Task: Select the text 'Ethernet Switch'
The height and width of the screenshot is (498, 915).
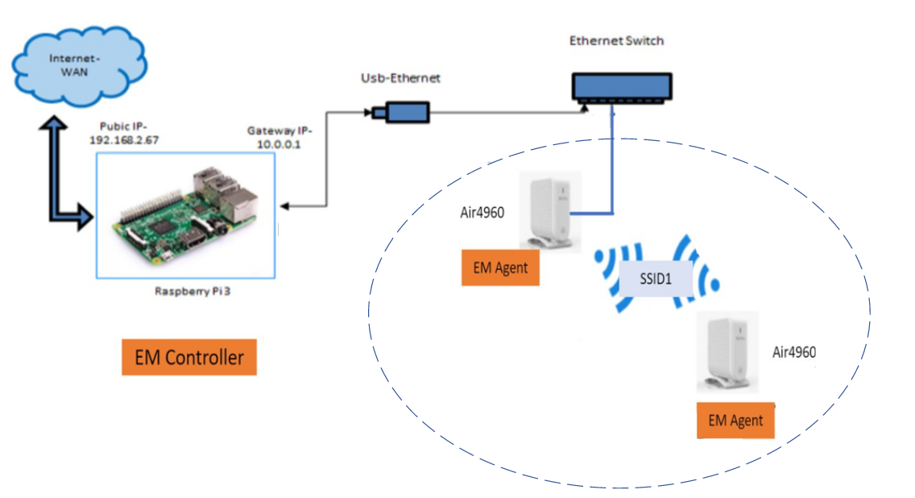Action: click(617, 41)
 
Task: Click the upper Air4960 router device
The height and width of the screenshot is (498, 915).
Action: click(547, 210)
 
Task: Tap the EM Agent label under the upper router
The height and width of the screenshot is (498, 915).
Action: click(500, 268)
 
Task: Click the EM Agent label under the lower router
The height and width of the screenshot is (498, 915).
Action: click(735, 420)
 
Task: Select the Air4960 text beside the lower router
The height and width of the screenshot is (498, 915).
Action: click(795, 352)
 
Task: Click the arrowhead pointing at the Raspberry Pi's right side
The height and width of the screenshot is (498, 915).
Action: click(285, 206)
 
